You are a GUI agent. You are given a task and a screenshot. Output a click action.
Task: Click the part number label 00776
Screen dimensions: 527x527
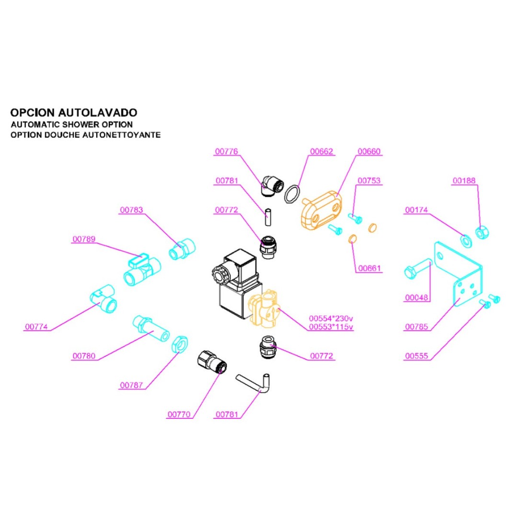tap(226, 151)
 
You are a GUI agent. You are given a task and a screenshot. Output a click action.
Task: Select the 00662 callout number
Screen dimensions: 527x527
tap(321, 151)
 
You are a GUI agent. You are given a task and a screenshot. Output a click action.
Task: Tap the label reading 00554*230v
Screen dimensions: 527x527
tap(331, 318)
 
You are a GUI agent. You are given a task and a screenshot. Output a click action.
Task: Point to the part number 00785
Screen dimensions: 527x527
tap(416, 327)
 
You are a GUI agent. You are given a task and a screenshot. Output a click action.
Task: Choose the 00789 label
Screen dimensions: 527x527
tap(84, 239)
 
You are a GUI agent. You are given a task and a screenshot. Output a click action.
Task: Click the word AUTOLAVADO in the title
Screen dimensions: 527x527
tap(98, 113)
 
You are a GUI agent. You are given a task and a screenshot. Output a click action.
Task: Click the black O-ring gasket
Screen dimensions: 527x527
tap(293, 194)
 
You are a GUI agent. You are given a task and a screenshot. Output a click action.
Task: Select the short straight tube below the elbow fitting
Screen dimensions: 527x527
tap(268, 216)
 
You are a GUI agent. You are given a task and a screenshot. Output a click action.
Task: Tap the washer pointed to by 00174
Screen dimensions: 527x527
tap(465, 239)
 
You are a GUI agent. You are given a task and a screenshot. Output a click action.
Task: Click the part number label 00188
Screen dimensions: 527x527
tap(464, 181)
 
